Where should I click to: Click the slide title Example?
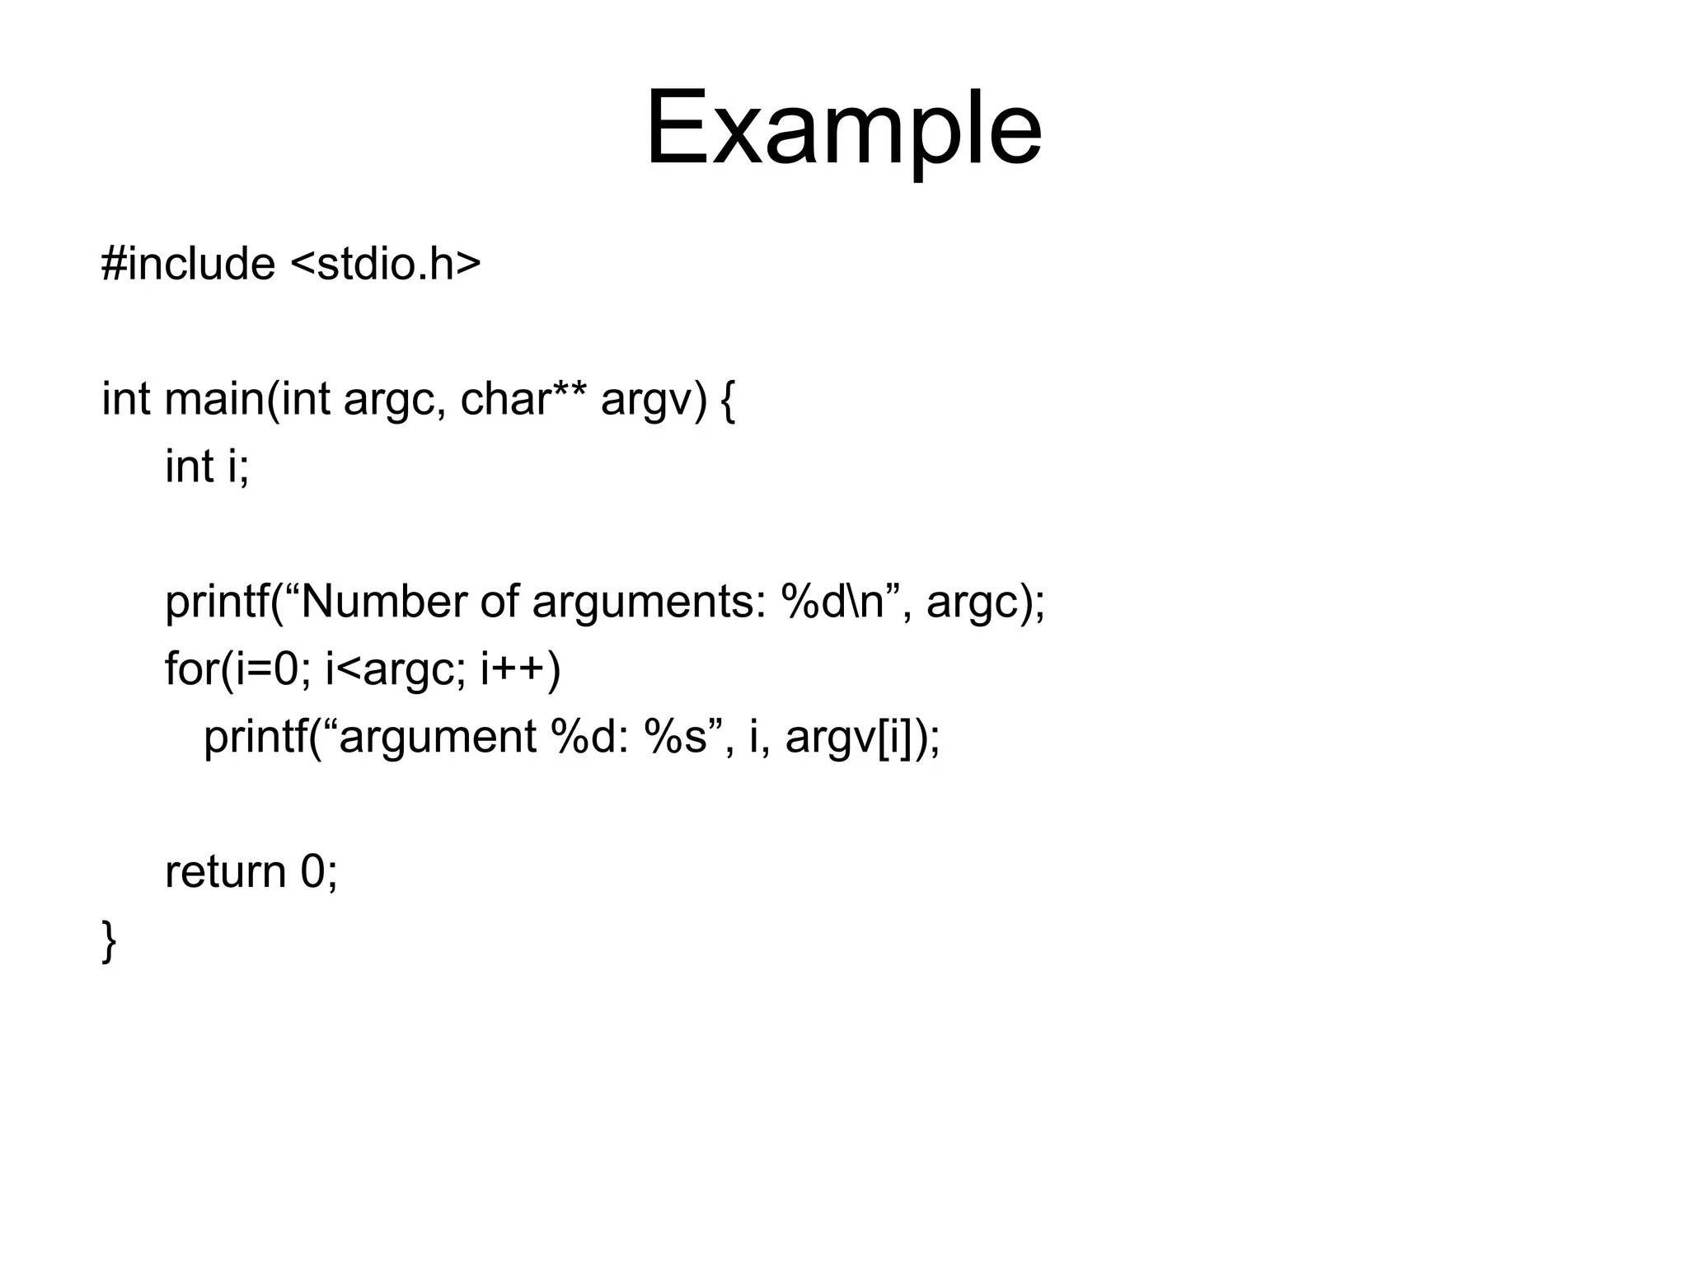(x=843, y=130)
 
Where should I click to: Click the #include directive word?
(x=188, y=265)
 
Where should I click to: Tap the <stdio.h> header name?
(x=386, y=265)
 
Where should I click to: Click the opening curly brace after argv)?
(x=727, y=401)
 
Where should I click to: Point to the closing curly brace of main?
(x=109, y=940)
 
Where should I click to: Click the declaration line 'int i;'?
(x=207, y=467)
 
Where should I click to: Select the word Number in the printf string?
(x=384, y=602)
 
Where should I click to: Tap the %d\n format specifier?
(x=832, y=602)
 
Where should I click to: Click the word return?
(x=225, y=872)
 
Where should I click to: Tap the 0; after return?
(x=319, y=872)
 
